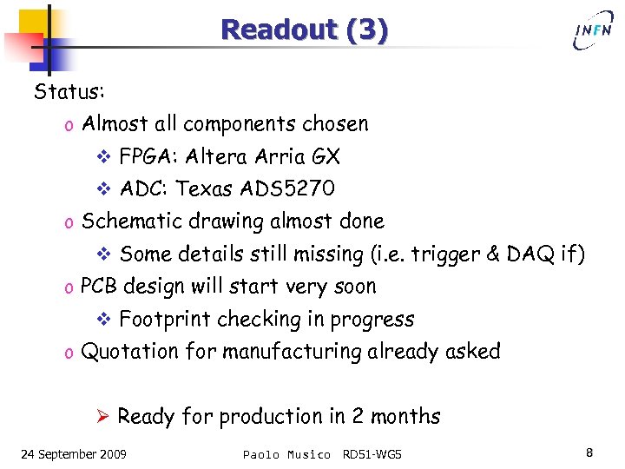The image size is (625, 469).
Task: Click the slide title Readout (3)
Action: [x=304, y=30]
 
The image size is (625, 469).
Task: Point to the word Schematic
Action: [x=131, y=221]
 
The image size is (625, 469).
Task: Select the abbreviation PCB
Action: [x=99, y=287]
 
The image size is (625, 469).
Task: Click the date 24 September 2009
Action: [x=73, y=454]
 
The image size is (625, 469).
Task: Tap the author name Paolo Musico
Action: [x=286, y=454]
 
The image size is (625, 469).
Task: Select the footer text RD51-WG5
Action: [x=372, y=454]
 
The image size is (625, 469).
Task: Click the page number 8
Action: [x=589, y=452]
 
